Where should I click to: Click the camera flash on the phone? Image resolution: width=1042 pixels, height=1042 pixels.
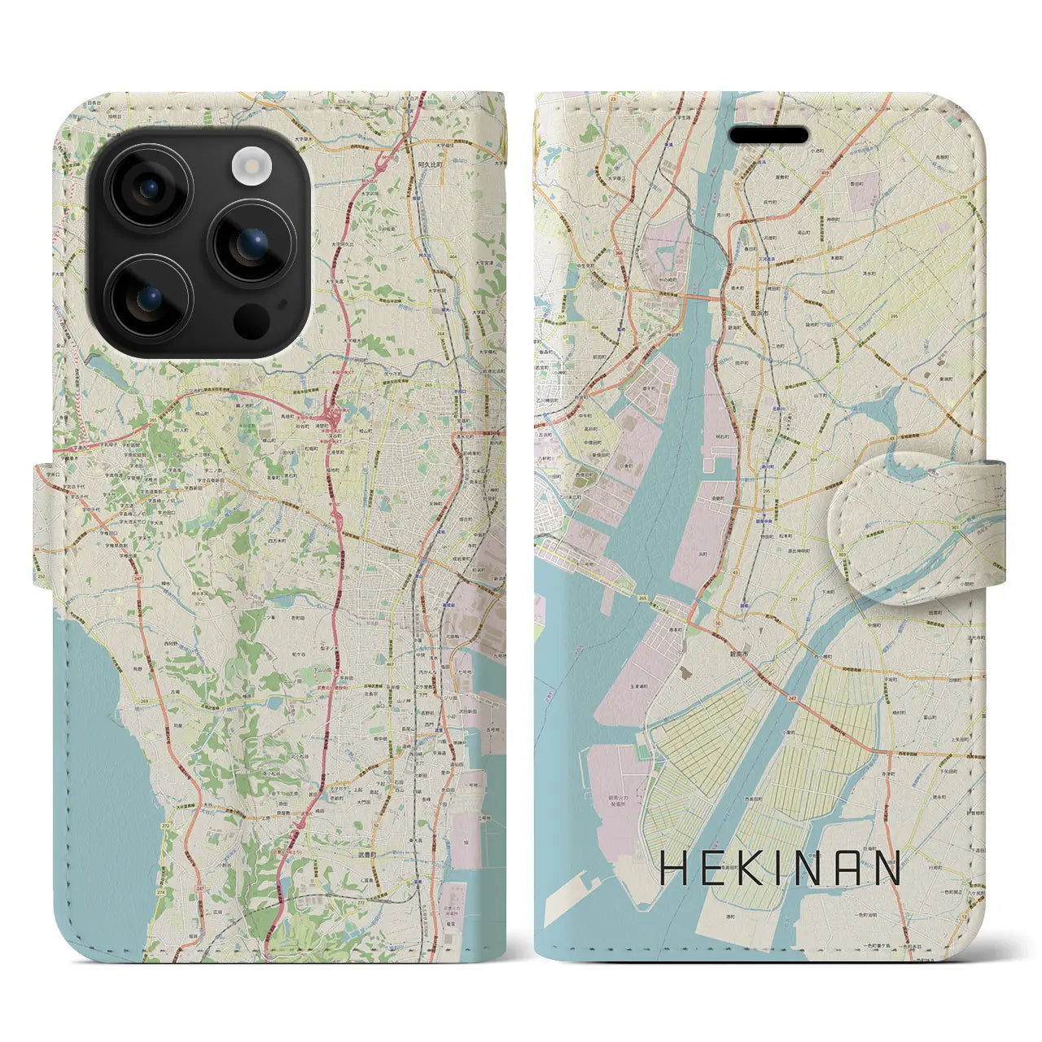pyautogui.click(x=251, y=167)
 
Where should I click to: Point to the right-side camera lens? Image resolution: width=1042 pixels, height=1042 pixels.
pyautogui.click(x=252, y=243)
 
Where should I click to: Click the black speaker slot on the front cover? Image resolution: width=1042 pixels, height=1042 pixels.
pyautogui.click(x=768, y=135)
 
